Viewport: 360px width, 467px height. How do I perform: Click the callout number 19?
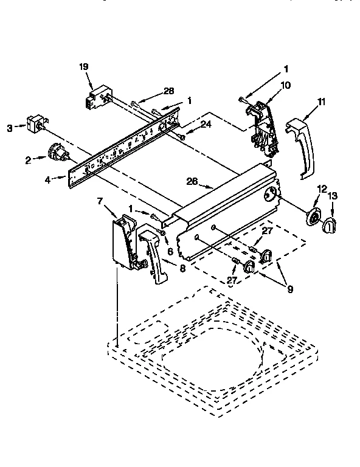click(84, 68)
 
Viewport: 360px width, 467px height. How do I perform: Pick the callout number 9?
click(289, 289)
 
